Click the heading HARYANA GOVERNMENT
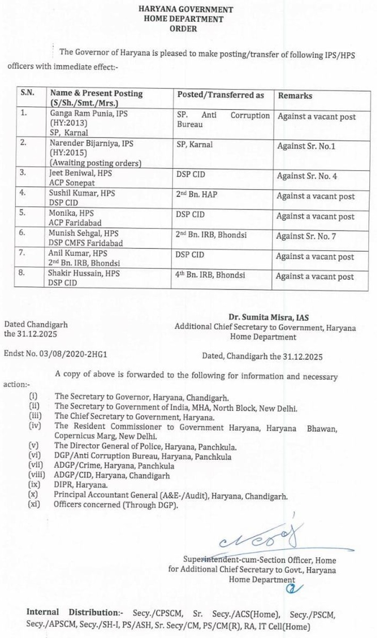[185, 9]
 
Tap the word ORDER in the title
[183, 29]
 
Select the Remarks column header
[295, 96]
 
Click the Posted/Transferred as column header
[221, 95]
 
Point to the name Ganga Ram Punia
[76, 114]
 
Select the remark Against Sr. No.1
[306, 146]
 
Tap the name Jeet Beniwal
[69, 174]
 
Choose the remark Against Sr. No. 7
[307, 236]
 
